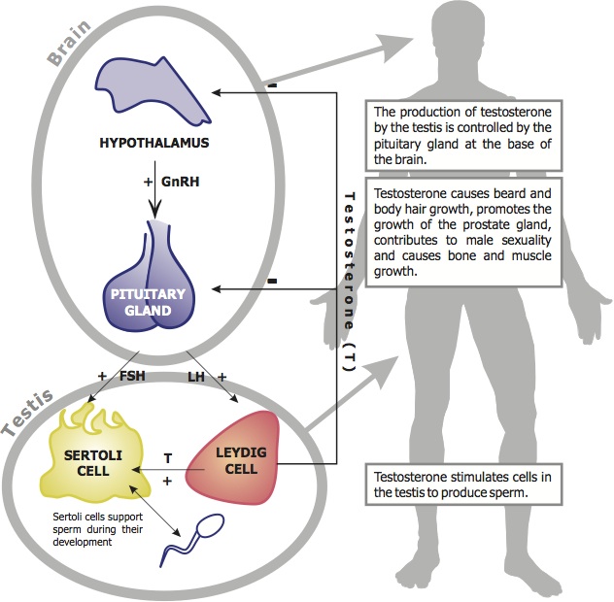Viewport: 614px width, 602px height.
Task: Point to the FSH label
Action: point(131,375)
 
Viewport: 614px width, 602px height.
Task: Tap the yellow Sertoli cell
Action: point(91,456)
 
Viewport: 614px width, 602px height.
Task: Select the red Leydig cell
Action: point(234,458)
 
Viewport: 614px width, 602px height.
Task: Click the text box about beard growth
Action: point(462,231)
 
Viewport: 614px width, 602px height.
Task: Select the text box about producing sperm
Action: point(464,484)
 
